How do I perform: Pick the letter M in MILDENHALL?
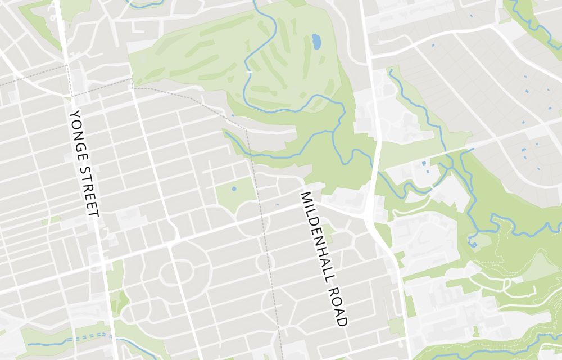305,196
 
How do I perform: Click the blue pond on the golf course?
316,41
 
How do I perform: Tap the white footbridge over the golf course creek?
249,72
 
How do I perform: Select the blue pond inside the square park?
234,188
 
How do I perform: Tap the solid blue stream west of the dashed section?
45,343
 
